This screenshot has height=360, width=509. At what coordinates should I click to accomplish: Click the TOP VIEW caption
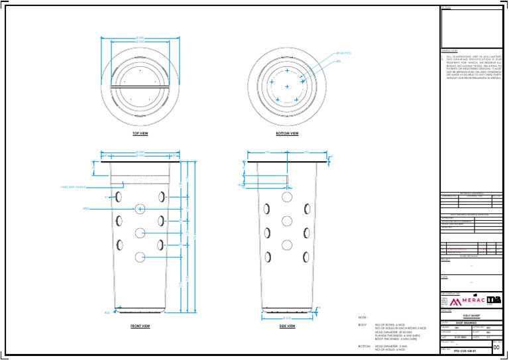pos(140,133)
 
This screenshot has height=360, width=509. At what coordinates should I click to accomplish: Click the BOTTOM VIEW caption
pos(287,133)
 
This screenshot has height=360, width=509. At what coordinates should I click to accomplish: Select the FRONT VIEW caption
pos(140,326)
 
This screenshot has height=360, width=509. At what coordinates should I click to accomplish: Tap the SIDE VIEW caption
pos(287,326)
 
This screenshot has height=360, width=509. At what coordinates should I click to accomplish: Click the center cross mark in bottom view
pos(287,86)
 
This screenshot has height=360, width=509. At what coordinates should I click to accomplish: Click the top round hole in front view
pos(141,209)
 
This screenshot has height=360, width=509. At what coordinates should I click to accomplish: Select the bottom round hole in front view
pos(141,257)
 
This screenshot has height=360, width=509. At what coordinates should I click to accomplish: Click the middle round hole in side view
pos(287,220)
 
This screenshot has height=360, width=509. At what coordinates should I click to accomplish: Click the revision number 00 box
pos(497,345)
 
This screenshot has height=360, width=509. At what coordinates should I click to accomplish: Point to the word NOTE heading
pos(363,318)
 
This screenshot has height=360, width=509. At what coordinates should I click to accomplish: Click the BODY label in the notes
pos(363,325)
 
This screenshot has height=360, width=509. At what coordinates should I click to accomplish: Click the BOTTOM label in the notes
pos(363,346)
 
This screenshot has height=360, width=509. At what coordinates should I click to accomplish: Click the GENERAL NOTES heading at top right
pos(450,51)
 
